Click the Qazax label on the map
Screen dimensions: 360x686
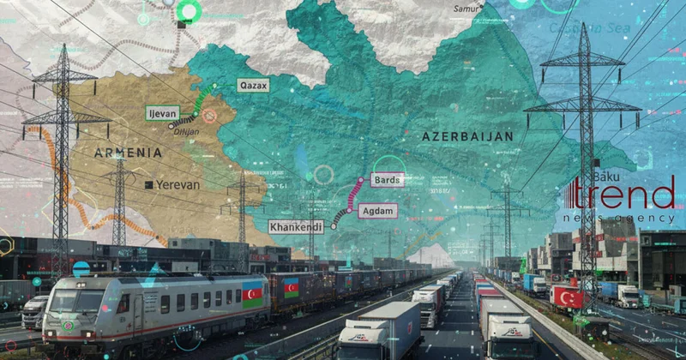coord(255,86)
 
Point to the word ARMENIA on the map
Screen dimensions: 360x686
coord(128,153)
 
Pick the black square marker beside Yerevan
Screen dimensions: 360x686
coord(149,184)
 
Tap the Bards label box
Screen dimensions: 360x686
coord(385,180)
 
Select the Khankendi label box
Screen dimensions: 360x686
coord(297,227)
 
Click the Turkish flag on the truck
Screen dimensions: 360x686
coord(567,297)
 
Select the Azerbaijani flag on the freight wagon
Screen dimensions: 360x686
coord(292,288)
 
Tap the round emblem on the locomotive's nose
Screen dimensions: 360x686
coord(68,325)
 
